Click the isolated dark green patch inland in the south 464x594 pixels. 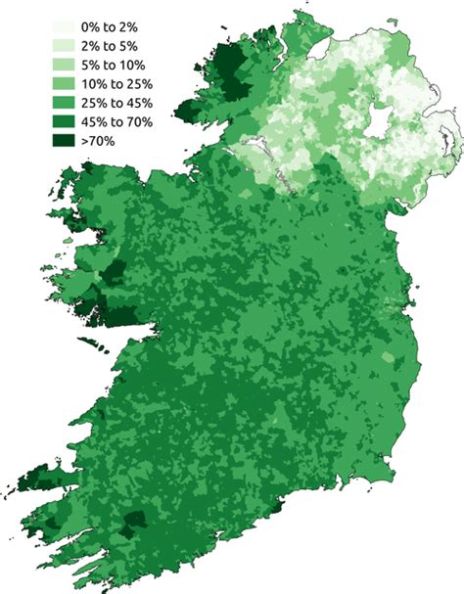point(132,520)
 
